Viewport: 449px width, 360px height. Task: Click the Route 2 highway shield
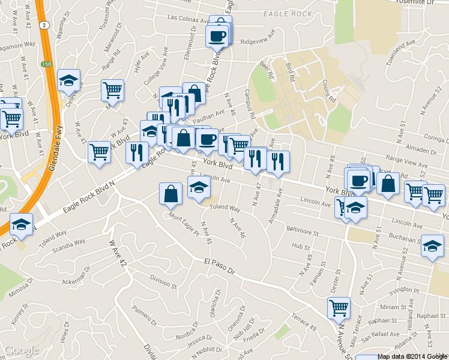click(44, 25)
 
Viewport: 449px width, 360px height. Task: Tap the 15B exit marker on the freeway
click(46, 64)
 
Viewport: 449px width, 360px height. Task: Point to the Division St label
click(163, 282)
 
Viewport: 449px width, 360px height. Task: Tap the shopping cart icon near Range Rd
click(112, 90)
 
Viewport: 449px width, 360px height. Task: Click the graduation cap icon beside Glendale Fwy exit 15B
click(69, 80)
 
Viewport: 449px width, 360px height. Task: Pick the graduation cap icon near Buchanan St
click(432, 246)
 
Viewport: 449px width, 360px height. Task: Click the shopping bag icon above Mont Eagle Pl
click(171, 193)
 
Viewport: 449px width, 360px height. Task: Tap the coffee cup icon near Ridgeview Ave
click(217, 36)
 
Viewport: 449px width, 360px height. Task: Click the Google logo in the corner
click(21, 350)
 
